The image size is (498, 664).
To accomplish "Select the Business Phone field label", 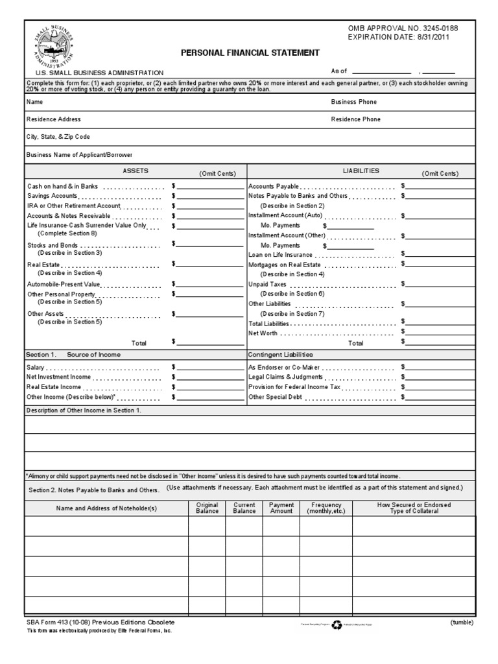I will (353, 102).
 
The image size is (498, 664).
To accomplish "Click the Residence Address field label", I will (54, 119).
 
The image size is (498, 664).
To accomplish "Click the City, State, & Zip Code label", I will (58, 137).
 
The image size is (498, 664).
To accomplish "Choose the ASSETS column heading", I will (136, 171).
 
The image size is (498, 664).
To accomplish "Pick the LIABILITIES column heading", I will (361, 171).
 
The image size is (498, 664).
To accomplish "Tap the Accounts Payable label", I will (274, 186).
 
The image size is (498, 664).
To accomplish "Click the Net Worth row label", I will (263, 333).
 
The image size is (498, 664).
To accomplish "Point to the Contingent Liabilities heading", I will (281, 355).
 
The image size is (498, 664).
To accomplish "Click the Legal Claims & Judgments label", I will (285, 377).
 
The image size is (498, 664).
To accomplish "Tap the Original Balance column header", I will (207, 508).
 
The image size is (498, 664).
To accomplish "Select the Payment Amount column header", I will (281, 508).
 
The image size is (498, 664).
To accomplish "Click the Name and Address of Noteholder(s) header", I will (106, 508).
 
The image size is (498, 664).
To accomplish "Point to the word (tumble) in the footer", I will (462, 622).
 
